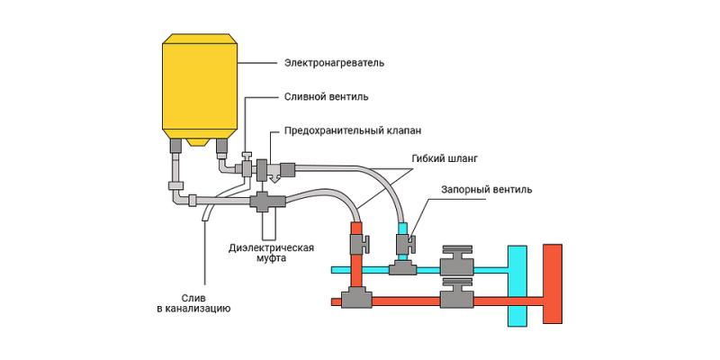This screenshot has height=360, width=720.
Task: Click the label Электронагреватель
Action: [x=334, y=63]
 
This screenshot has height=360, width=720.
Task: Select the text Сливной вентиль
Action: [x=326, y=96]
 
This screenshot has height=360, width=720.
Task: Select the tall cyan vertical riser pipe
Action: [x=517, y=284]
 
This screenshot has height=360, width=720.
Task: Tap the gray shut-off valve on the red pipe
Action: [x=356, y=242]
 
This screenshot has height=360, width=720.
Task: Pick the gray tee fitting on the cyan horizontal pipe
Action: [x=401, y=267]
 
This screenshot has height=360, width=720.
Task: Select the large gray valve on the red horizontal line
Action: [x=457, y=299]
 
